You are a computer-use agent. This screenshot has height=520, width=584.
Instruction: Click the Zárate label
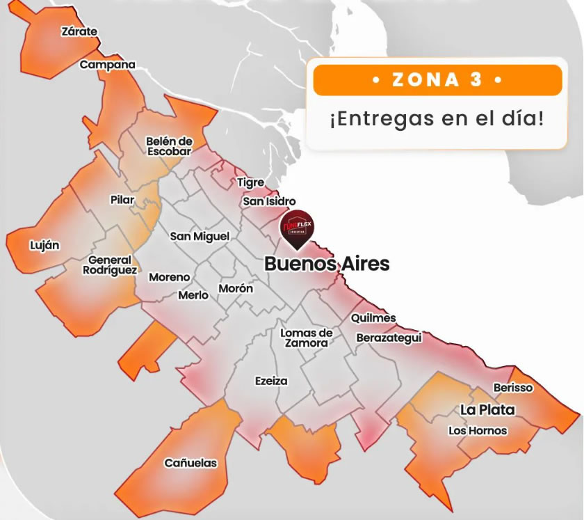(79, 32)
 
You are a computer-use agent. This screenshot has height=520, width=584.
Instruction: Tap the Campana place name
(107, 65)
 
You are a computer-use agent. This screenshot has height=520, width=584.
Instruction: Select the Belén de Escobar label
(169, 146)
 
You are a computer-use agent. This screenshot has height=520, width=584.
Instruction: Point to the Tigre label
(250, 182)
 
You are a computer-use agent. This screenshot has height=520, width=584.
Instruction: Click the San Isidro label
(269, 202)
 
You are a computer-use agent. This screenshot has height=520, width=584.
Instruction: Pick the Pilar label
(122, 200)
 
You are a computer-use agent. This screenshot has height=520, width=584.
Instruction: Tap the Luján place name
(44, 245)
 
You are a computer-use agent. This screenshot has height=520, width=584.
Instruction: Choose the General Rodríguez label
(109, 265)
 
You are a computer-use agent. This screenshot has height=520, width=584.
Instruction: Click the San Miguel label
(200, 237)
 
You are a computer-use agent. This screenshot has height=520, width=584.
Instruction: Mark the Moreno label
(169, 277)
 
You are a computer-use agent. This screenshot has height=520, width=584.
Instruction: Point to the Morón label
(236, 288)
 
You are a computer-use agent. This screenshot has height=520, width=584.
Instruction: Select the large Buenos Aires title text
(327, 265)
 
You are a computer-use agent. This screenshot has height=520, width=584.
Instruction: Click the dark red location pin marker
(296, 230)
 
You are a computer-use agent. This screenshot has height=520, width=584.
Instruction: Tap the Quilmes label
(373, 318)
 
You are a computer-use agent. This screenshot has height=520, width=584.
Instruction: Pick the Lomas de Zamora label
(306, 338)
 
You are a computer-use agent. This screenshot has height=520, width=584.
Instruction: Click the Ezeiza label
(271, 381)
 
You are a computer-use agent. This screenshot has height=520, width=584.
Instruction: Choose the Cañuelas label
(190, 463)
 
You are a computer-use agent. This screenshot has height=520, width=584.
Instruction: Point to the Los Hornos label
(478, 431)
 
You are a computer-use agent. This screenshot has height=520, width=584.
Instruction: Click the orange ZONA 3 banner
(437, 80)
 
